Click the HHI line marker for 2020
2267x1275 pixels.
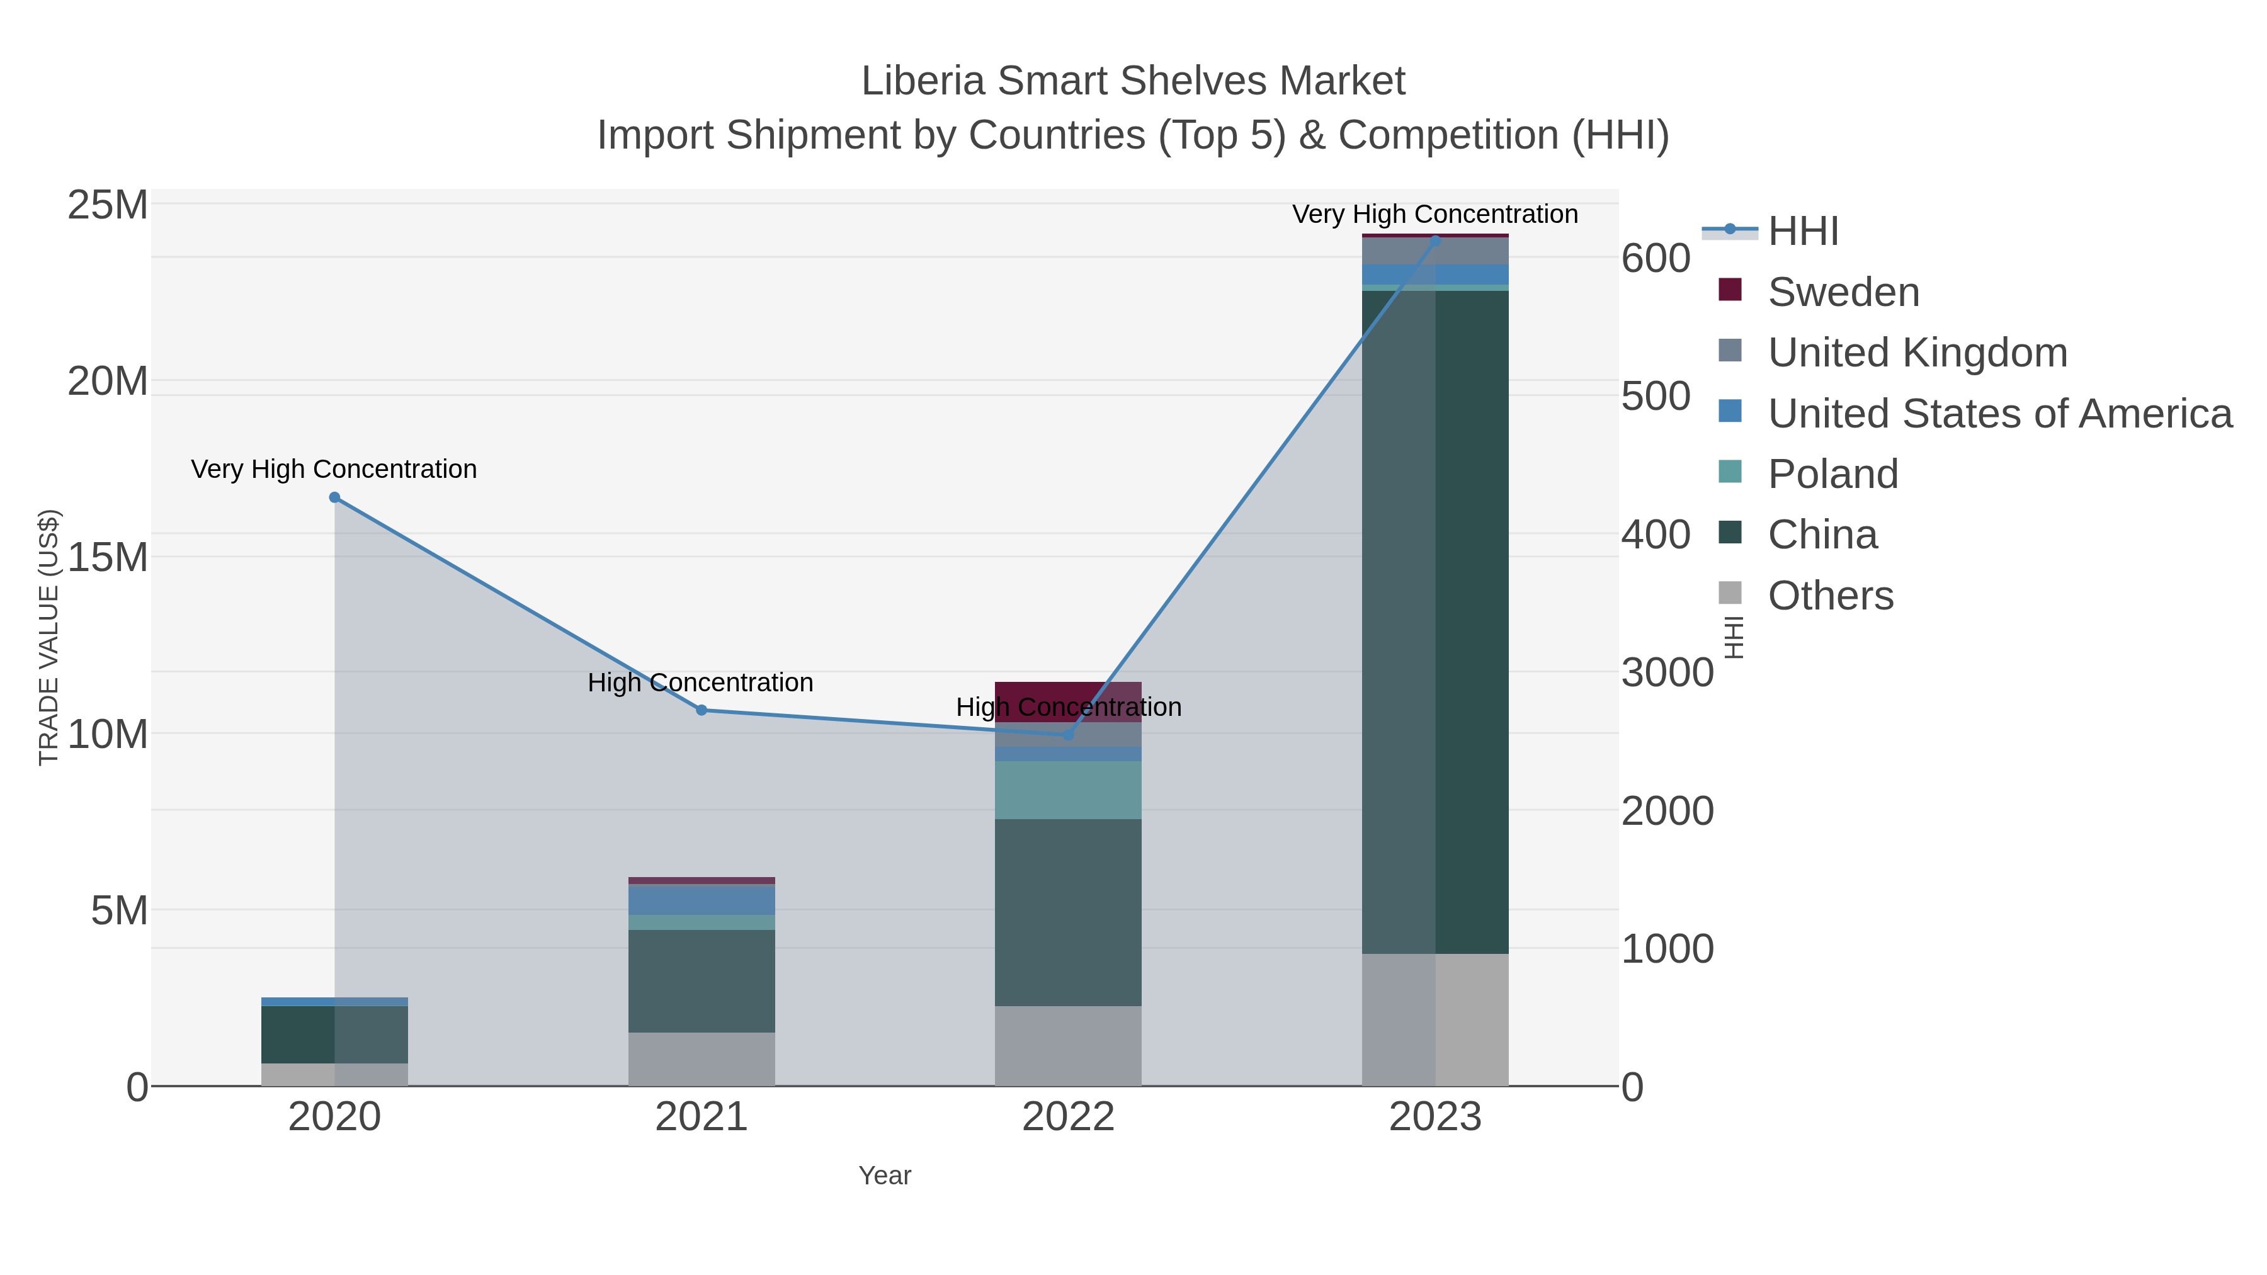(x=334, y=498)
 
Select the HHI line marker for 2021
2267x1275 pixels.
(x=702, y=710)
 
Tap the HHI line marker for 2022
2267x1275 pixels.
(x=1069, y=735)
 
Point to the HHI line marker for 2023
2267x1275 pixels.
(x=1435, y=239)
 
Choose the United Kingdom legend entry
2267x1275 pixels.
(x=1917, y=353)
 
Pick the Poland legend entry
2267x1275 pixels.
(x=1832, y=474)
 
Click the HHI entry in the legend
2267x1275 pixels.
(x=1802, y=232)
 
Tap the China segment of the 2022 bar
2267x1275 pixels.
(x=1069, y=912)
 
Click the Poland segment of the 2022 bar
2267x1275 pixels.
(x=1069, y=790)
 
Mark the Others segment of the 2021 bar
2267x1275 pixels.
(x=702, y=1060)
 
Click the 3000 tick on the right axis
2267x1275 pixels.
(x=1667, y=673)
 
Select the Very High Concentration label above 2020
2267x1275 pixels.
(x=334, y=469)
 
